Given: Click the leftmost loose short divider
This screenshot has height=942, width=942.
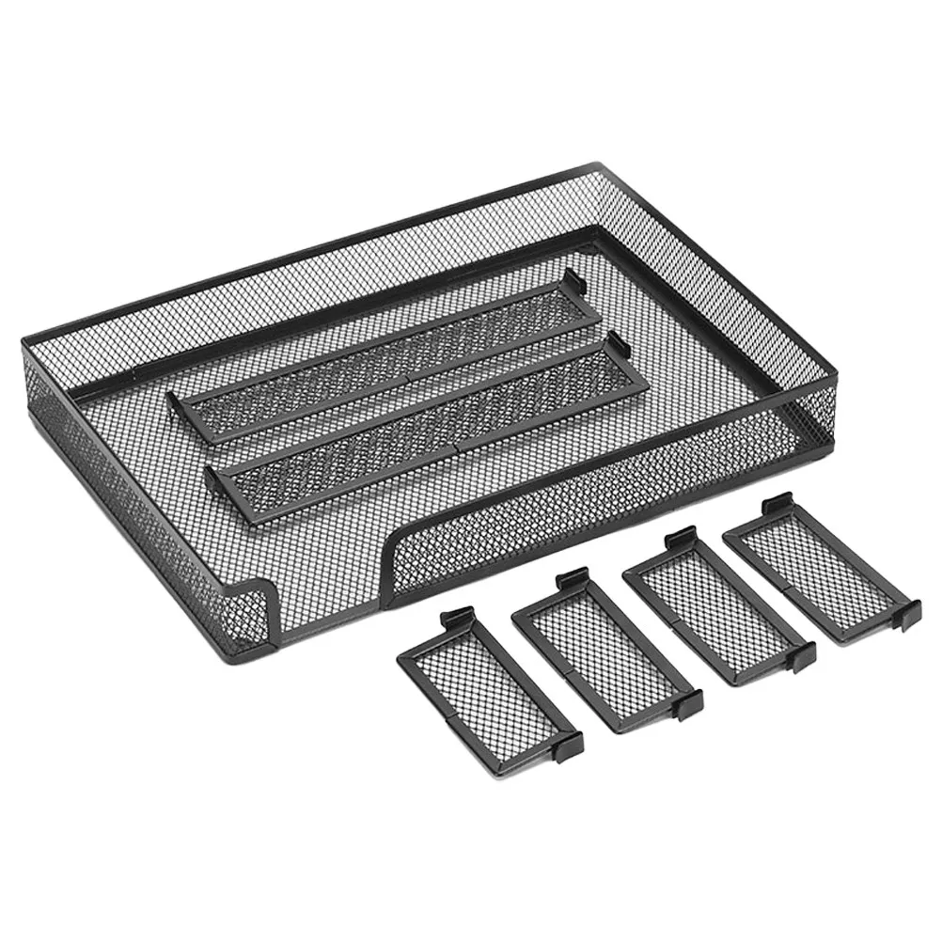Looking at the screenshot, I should pos(489,685).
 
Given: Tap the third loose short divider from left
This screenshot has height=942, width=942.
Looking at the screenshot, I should pos(719,606).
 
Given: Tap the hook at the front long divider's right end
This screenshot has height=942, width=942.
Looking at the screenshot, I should pos(615,343).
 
